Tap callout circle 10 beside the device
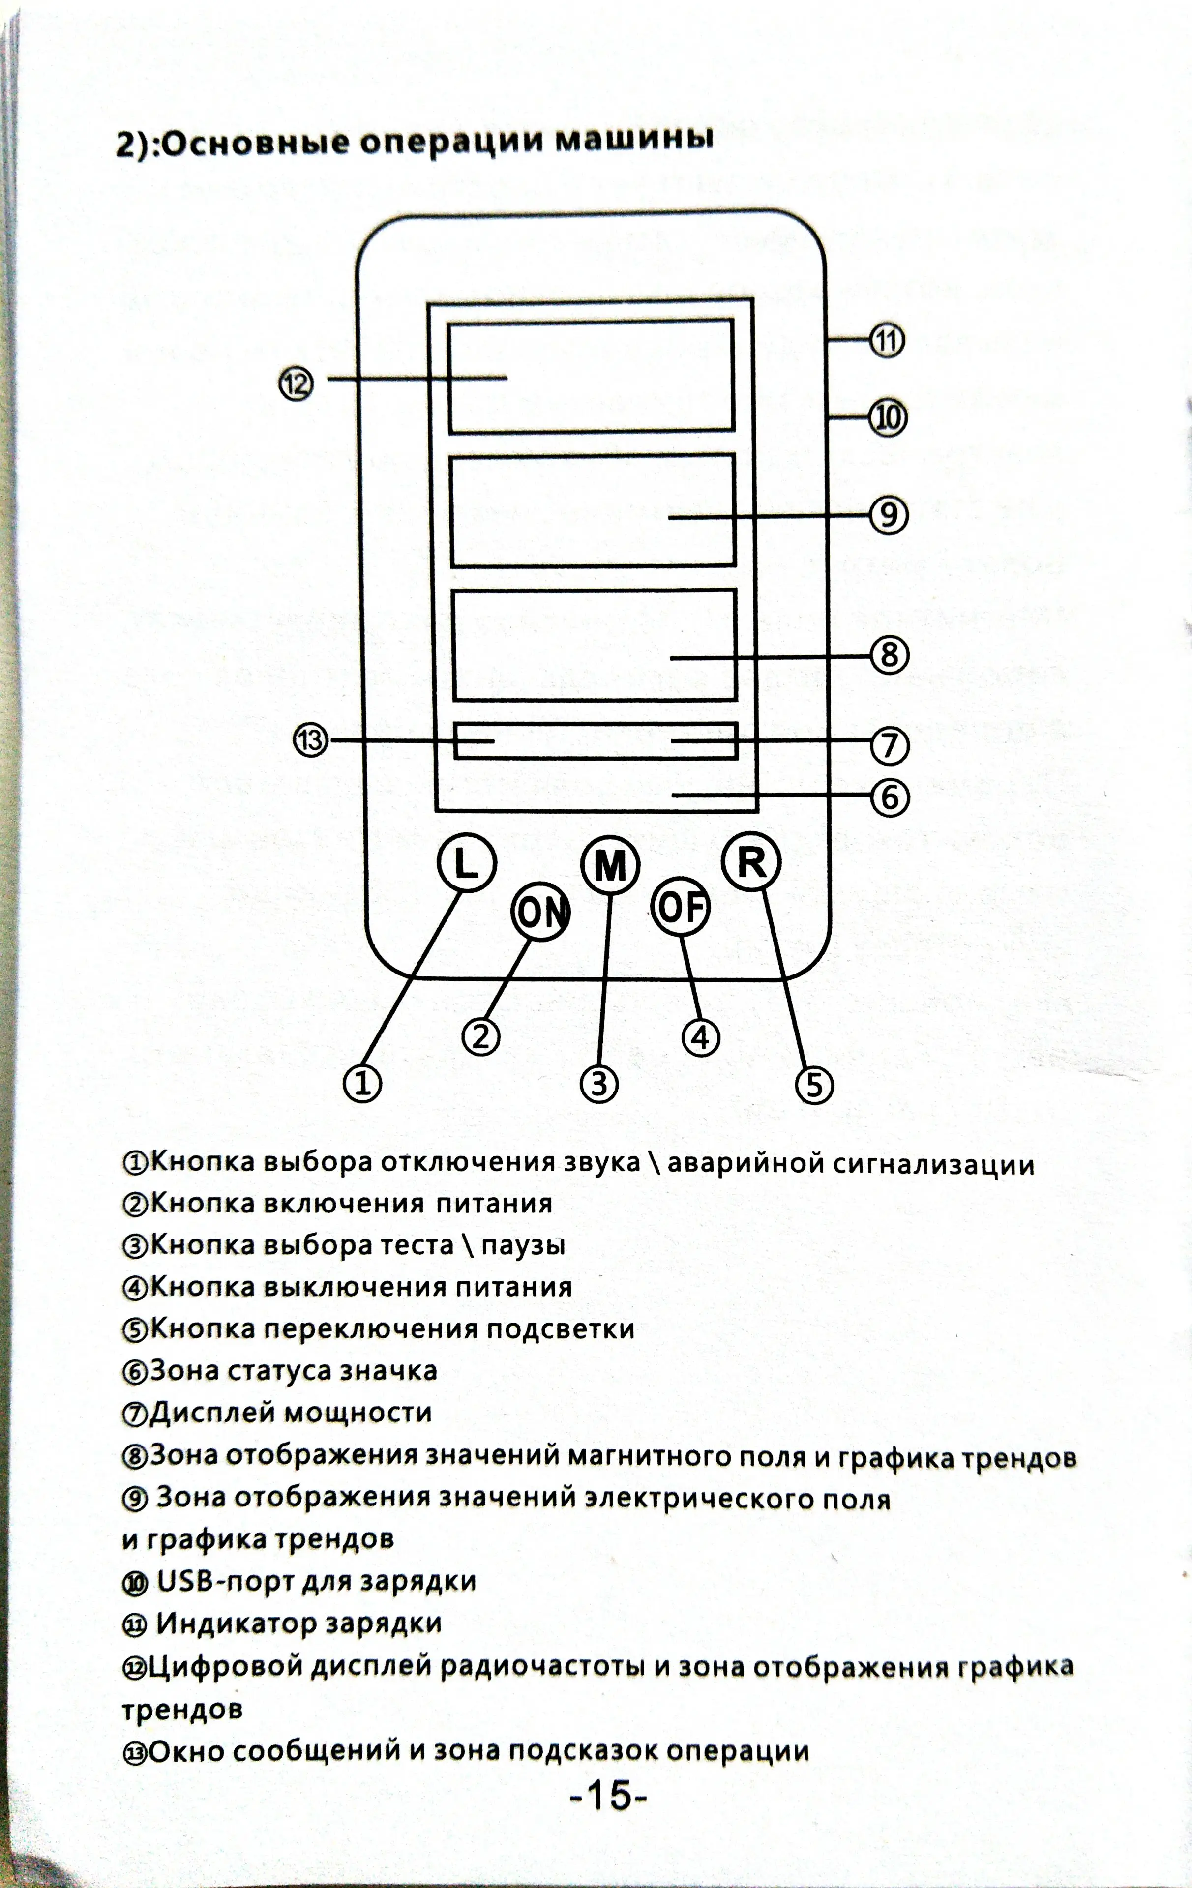888,418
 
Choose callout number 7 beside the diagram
889,745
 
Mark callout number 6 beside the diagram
889,797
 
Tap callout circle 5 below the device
814,1085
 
